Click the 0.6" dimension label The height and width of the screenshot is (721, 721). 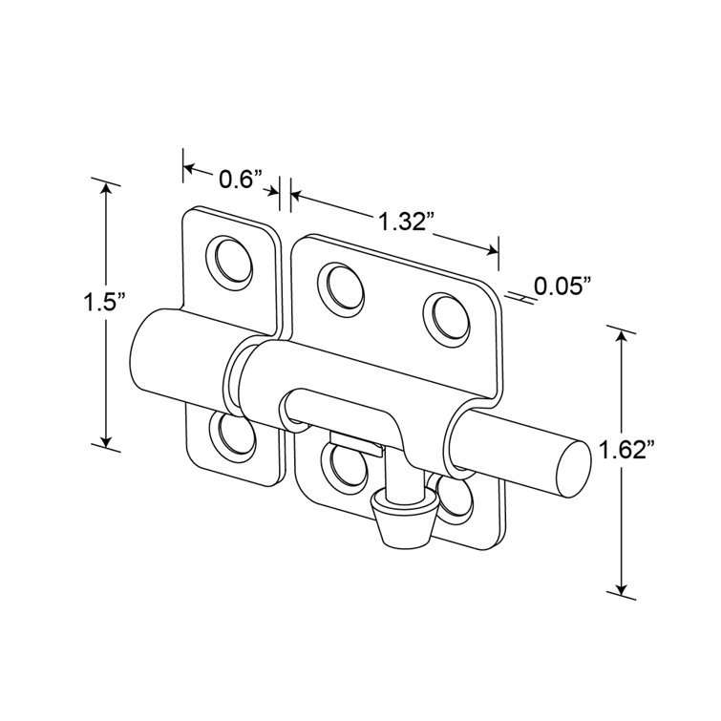pos(241,180)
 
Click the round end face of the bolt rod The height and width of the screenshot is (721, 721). pos(572,469)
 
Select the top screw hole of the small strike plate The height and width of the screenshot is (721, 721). pos(229,263)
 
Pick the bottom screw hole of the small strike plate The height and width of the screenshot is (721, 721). pos(233,435)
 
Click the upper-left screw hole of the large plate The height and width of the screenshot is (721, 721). pos(341,289)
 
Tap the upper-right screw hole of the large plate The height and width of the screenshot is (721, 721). pos(447,320)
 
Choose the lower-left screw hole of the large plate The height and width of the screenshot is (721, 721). pos(344,468)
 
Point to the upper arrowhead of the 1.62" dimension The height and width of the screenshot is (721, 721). pos(622,339)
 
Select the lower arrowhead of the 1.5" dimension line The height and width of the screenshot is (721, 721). pos(106,441)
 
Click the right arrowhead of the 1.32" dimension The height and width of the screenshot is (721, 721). pos(493,250)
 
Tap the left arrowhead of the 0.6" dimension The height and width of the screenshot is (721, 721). pos(190,168)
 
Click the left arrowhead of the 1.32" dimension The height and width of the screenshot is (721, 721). pos(297,196)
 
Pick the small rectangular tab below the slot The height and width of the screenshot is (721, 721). pos(356,443)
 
